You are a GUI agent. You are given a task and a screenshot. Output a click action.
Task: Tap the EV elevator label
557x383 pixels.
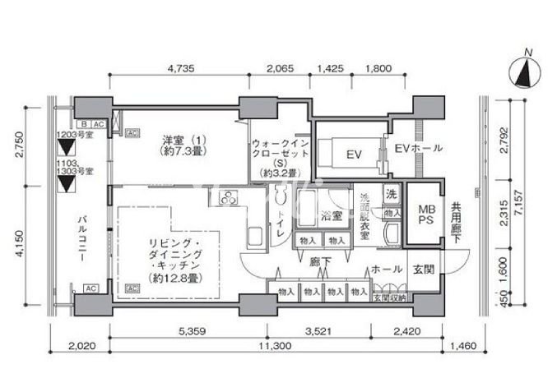pos(354,154)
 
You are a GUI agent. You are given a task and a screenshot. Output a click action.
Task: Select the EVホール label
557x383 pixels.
pos(418,149)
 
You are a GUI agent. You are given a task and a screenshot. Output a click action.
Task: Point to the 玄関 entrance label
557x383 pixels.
pos(423,269)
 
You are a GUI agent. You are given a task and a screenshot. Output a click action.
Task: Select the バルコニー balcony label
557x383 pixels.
pos(82,238)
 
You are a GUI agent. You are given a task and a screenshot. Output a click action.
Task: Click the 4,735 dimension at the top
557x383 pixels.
pos(180,70)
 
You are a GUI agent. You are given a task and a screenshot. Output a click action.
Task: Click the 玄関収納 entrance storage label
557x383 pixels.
pos(389,298)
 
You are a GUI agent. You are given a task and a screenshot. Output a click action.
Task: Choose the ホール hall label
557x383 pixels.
pos(386,269)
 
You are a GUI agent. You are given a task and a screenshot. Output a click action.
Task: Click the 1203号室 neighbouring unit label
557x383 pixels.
pos(74,136)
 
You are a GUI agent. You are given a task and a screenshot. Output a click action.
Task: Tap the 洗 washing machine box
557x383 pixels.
pos(392,195)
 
